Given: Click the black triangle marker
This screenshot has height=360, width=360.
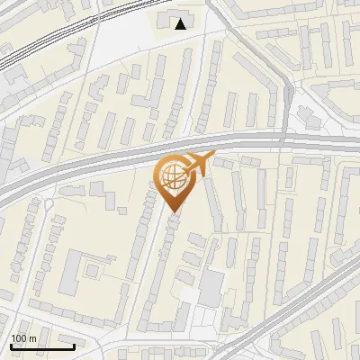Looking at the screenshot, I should coord(181,24).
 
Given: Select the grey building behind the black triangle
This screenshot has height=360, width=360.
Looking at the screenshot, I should coord(169,19).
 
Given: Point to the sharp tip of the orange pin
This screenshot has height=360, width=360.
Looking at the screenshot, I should coord(171,212).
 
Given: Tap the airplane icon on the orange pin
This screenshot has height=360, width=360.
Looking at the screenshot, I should coord(199,164).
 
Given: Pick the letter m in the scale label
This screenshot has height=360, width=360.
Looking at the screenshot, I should coord(33,338).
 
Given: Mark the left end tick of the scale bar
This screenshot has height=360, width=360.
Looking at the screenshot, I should coord(11,346).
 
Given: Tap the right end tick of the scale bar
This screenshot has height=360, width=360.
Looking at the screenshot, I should coord(74,346).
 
